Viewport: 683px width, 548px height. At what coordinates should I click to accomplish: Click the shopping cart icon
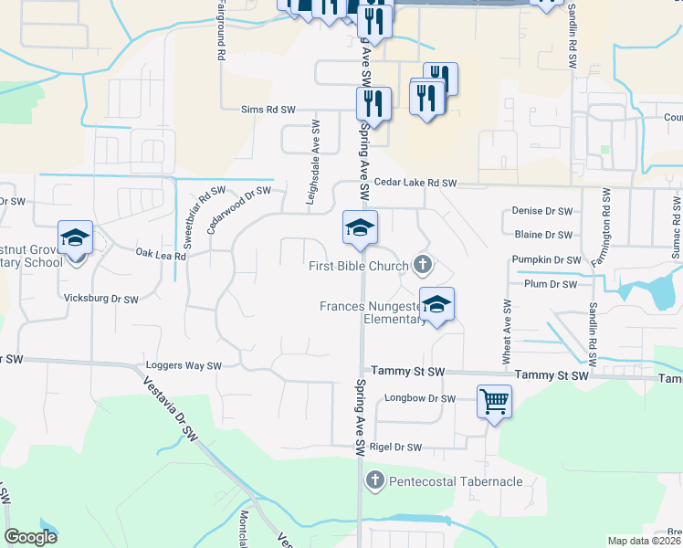(x=494, y=400)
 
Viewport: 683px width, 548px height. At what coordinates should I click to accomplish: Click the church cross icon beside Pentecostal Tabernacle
(x=374, y=479)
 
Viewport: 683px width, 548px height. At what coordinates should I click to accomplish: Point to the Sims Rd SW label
(x=268, y=110)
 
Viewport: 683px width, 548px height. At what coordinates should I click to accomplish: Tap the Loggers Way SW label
(x=184, y=366)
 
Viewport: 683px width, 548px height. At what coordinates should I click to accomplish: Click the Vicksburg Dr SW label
(x=100, y=299)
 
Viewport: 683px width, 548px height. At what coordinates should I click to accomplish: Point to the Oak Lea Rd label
(x=161, y=255)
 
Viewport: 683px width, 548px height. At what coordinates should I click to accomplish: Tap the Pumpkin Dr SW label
(x=546, y=260)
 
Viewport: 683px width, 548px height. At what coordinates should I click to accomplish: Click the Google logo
(x=30, y=537)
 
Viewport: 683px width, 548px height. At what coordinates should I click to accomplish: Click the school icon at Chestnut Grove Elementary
(x=75, y=239)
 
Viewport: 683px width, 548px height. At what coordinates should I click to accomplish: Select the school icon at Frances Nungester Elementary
(x=437, y=307)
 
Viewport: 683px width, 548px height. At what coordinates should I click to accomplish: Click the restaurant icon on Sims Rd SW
(x=373, y=104)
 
